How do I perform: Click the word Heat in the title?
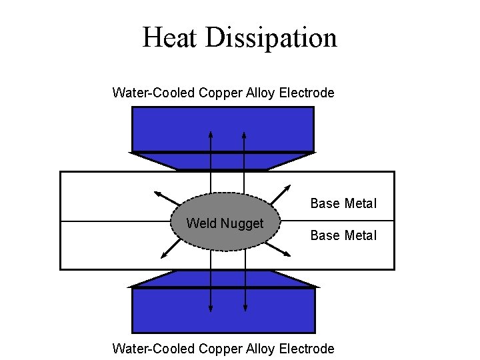(170, 37)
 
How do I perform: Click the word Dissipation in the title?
(271, 37)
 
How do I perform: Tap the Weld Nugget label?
(225, 223)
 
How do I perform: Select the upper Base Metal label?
(343, 203)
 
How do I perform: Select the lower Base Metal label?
(343, 235)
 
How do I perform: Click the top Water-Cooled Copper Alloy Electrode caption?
(223, 93)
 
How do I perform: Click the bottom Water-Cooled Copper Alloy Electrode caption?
(223, 348)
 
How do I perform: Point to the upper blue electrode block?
(223, 129)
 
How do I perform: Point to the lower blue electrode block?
(223, 309)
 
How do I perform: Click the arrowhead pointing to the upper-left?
(158, 194)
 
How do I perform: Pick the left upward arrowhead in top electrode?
(211, 134)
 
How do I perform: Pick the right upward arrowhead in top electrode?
(244, 134)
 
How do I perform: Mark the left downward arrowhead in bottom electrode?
(211, 308)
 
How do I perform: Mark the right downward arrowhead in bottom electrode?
(245, 308)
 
